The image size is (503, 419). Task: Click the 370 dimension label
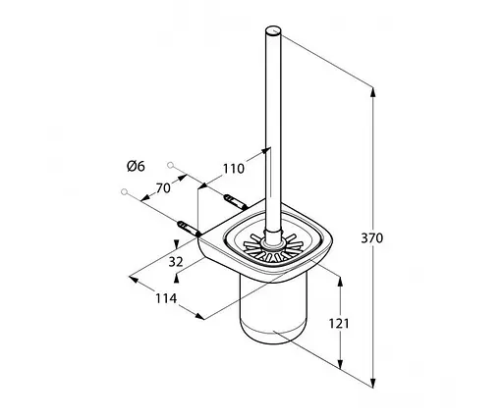[371, 238]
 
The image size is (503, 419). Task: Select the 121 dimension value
[339, 324]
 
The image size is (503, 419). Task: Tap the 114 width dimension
[166, 298]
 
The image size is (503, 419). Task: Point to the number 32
[176, 262]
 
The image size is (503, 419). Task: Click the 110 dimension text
[234, 169]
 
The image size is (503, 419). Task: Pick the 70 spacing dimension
[163, 188]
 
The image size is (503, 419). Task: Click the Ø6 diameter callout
[136, 167]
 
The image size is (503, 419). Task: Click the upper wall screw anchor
[235, 203]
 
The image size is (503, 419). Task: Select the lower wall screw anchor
[189, 229]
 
